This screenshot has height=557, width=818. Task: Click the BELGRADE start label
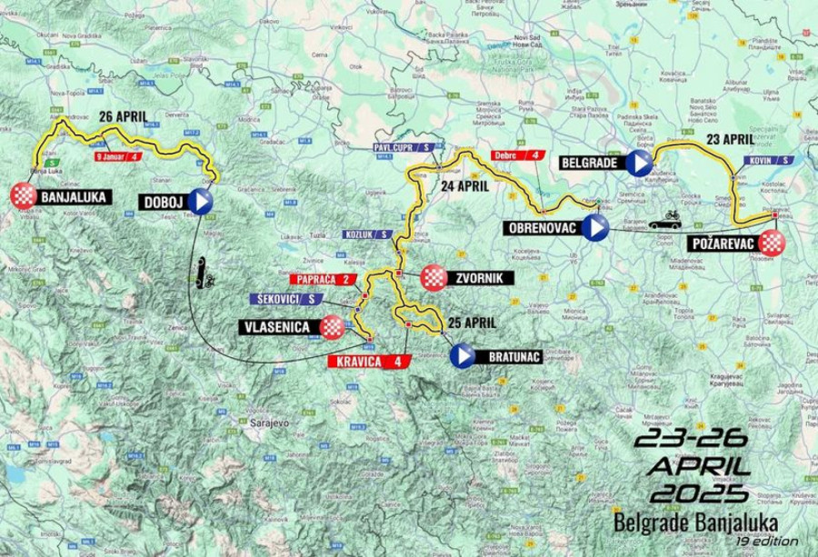pyautogui.click(x=589, y=164)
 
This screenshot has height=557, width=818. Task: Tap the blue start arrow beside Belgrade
pyautogui.click(x=639, y=164)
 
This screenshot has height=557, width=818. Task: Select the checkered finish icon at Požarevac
pyautogui.click(x=772, y=243)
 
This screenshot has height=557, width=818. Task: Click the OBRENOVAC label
pyautogui.click(x=543, y=228)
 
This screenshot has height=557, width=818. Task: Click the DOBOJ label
pyautogui.click(x=160, y=202)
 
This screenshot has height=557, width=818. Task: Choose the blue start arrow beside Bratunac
pyautogui.click(x=463, y=356)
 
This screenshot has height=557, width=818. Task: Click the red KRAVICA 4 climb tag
pyautogui.click(x=364, y=363)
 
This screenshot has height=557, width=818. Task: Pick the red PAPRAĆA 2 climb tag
pyautogui.click(x=321, y=279)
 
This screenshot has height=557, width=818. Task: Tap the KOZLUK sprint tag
pyautogui.click(x=369, y=234)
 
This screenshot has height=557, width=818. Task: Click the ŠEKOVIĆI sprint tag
pyautogui.click(x=285, y=298)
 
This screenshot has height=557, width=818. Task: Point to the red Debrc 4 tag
pyautogui.click(x=517, y=155)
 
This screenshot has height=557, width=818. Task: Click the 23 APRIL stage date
pyautogui.click(x=730, y=139)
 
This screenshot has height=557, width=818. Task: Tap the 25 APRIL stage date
pyautogui.click(x=472, y=322)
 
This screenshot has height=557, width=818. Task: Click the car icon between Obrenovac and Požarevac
pyautogui.click(x=665, y=221)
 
